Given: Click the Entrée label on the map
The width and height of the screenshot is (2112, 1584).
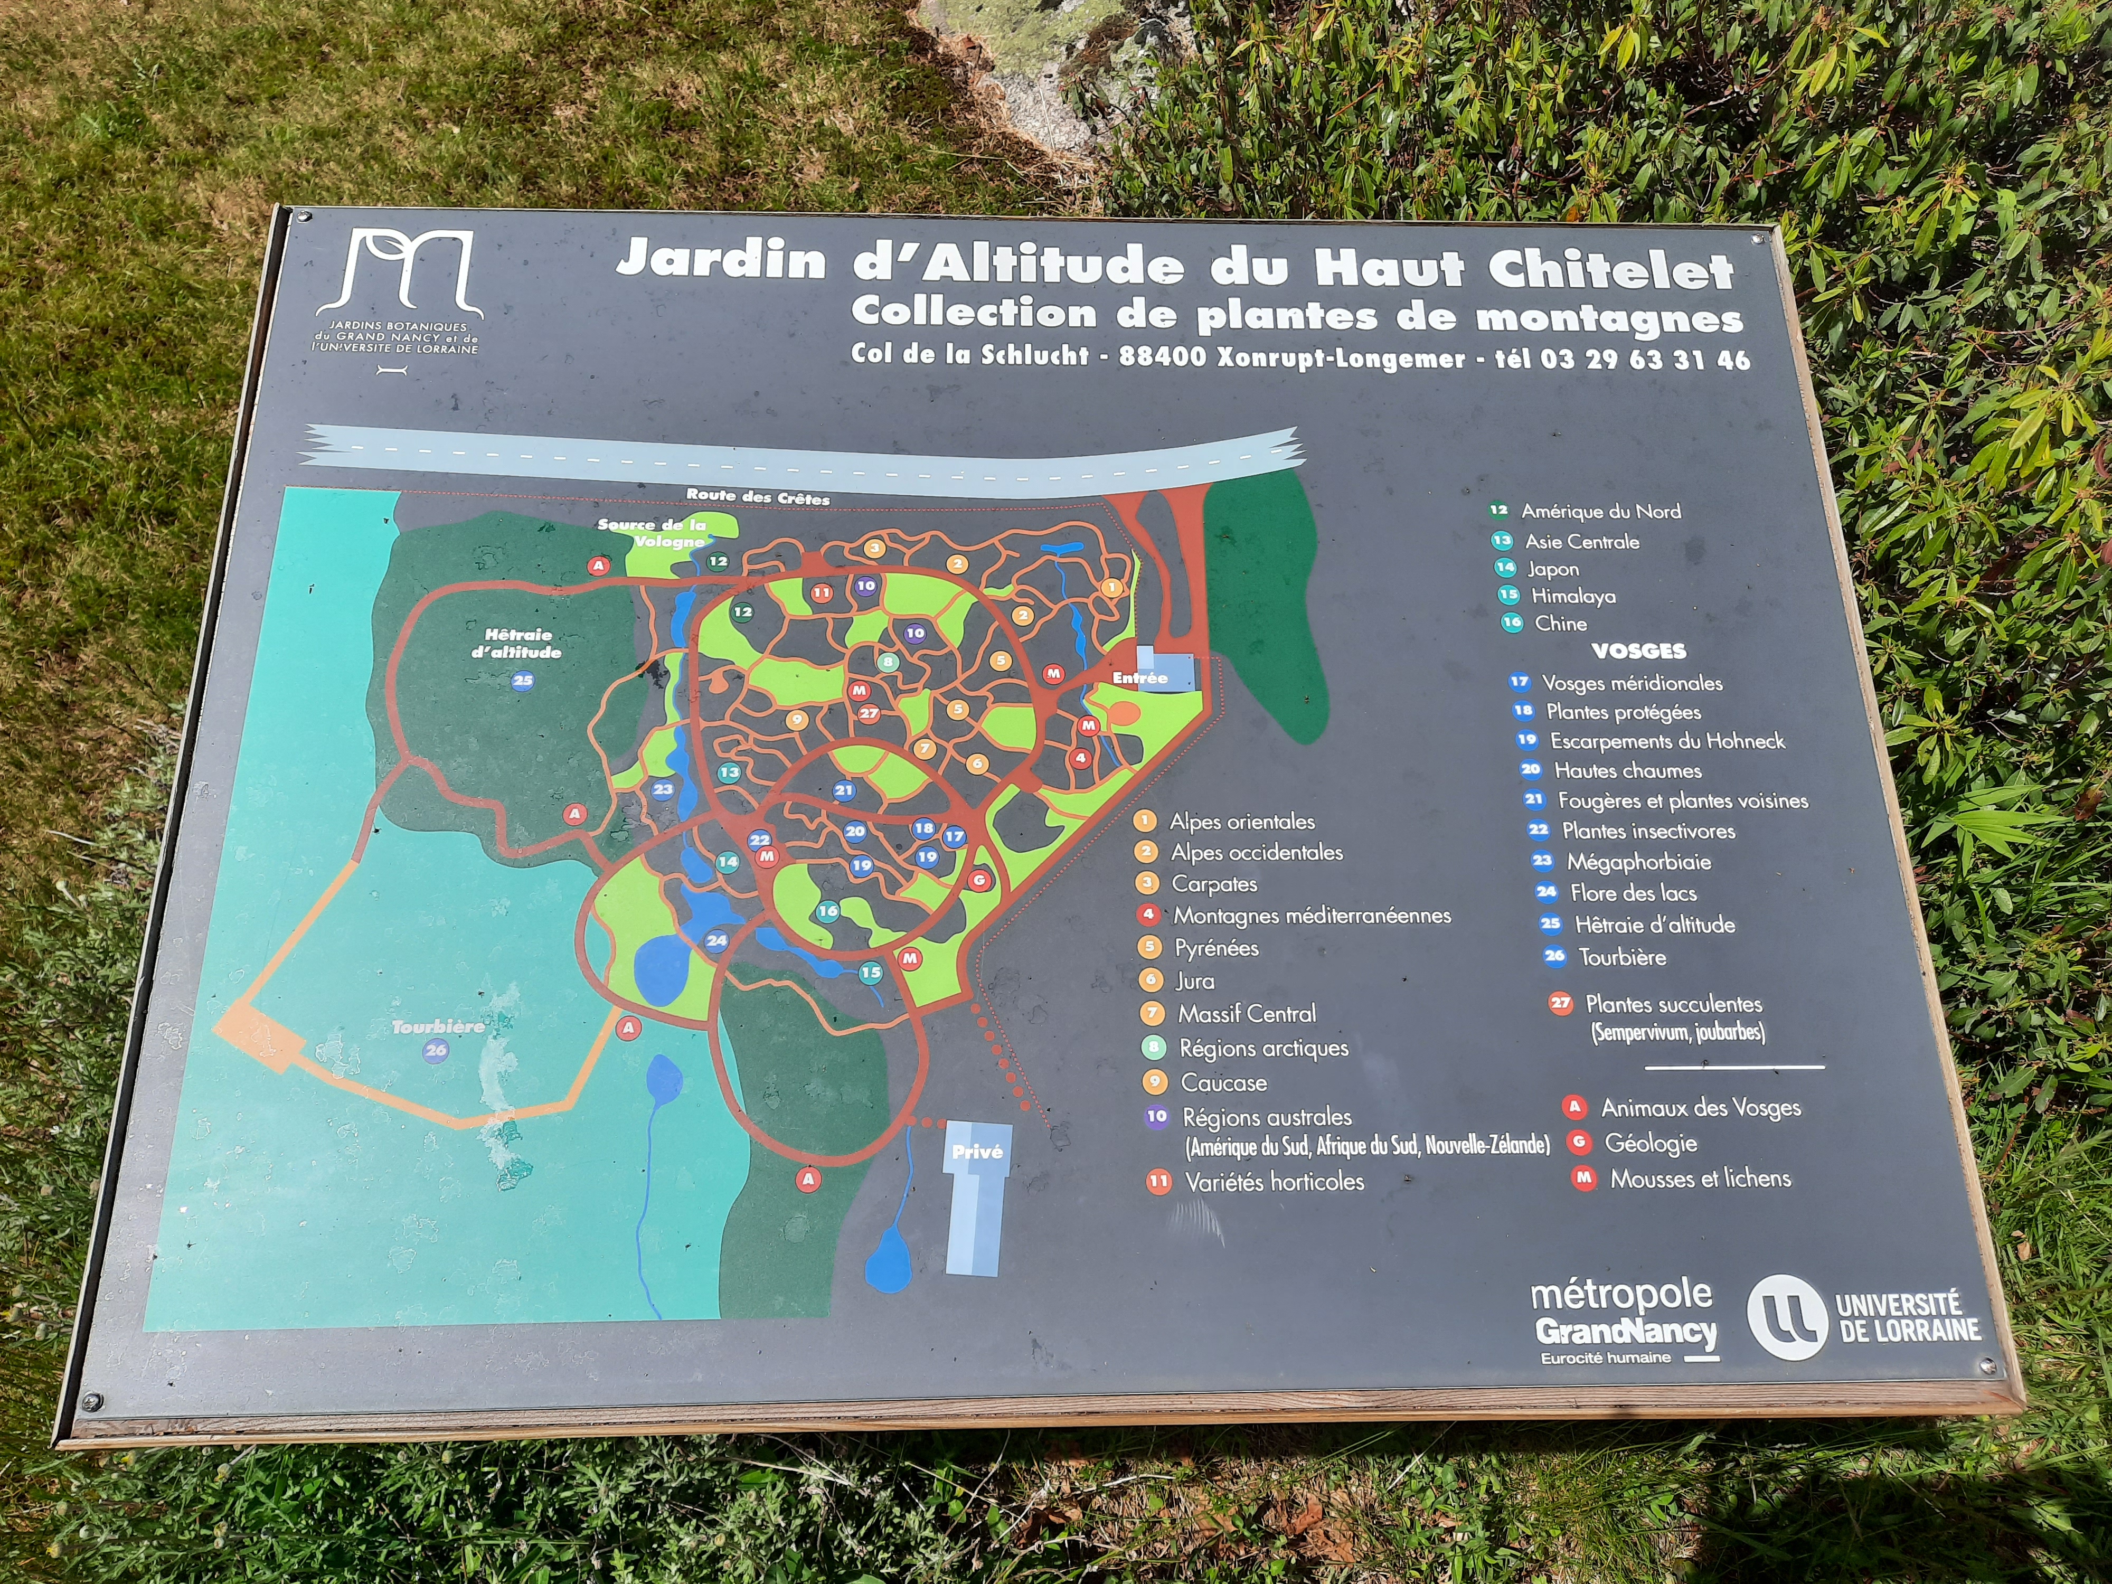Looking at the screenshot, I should pyautogui.click(x=1140, y=678).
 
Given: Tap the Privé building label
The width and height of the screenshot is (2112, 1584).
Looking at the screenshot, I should pyautogui.click(x=977, y=1153).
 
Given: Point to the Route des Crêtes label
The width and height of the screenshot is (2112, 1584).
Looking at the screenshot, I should pyautogui.click(x=758, y=496).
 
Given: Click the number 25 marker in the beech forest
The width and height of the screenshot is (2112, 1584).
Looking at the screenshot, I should pyautogui.click(x=522, y=681).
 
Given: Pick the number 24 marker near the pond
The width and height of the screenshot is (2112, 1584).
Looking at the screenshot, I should pyautogui.click(x=716, y=940).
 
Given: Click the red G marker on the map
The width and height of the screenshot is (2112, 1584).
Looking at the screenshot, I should pyautogui.click(x=979, y=879).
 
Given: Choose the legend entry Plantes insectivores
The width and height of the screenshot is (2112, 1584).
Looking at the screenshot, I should pyautogui.click(x=1648, y=831).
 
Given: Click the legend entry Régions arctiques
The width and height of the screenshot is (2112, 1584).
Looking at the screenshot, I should pyautogui.click(x=1263, y=1049).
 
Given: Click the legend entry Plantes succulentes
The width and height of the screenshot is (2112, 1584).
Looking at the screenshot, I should pyautogui.click(x=1673, y=1004).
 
